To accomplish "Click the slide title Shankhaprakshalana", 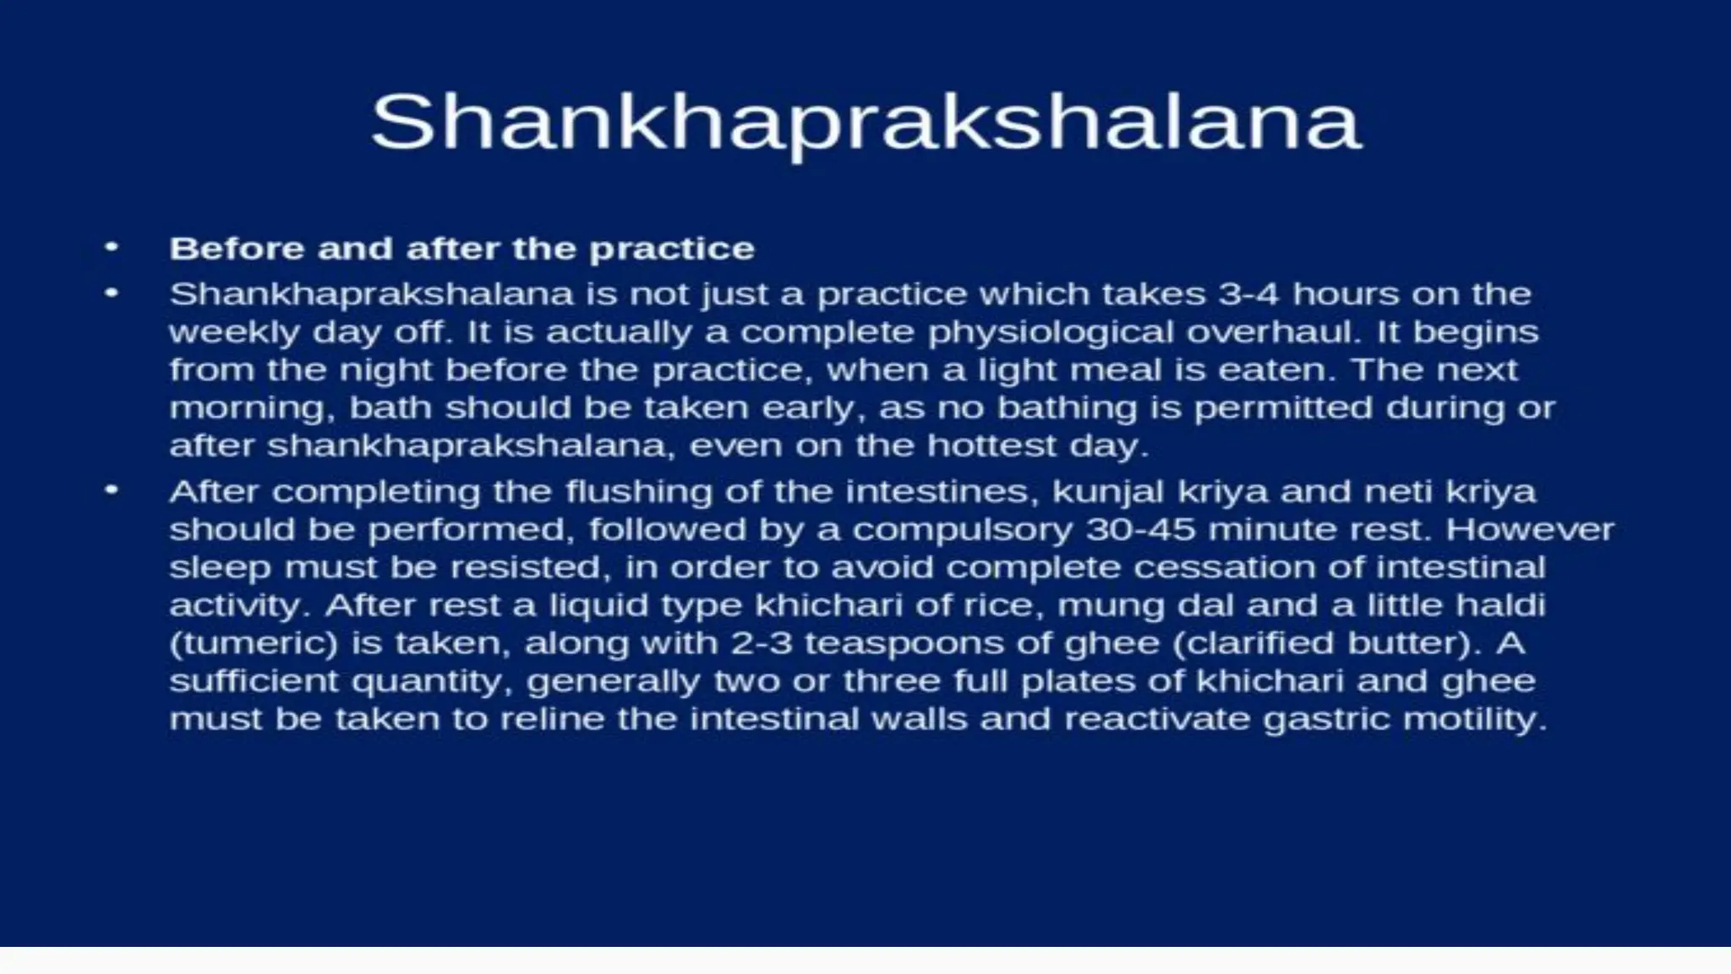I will [x=865, y=123].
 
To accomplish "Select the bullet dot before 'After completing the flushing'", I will [x=111, y=490].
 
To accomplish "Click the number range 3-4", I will [x=1249, y=294].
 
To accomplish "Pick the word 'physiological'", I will [x=1051, y=332].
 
